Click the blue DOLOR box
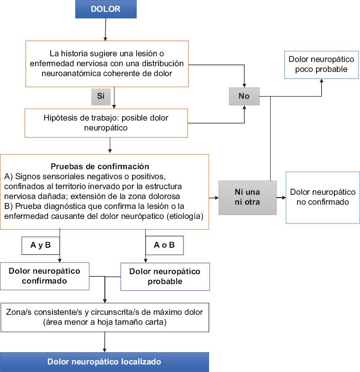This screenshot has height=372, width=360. coord(105,9)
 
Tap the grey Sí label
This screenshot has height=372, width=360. coord(100,96)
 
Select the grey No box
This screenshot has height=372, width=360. coord(244,96)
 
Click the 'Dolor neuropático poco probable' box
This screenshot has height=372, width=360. coord(322,64)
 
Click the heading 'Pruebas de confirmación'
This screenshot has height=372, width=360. coord(99,166)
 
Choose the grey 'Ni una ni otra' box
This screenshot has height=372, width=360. coord(247,197)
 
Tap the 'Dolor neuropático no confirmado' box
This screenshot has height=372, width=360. coord(323,197)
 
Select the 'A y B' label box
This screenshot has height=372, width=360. coord(40,245)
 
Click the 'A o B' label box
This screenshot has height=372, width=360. coord(164,245)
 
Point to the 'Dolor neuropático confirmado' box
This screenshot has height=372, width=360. coord(44,276)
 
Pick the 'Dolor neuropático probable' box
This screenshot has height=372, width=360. coord(165,276)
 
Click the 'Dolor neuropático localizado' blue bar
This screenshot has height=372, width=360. coord(104,362)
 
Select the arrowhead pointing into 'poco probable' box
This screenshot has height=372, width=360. coord(322,81)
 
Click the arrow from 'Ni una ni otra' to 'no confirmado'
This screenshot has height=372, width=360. coord(281,197)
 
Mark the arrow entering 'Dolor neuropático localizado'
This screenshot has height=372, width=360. coord(104,343)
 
